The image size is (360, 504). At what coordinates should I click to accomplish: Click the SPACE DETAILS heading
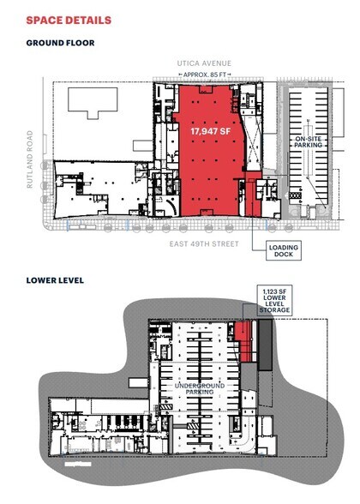coord(68,18)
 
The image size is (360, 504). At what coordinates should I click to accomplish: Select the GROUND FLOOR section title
coord(60,42)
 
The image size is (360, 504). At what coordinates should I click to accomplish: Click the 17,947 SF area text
coord(206,132)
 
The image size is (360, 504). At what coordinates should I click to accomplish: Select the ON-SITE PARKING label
coord(308,142)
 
